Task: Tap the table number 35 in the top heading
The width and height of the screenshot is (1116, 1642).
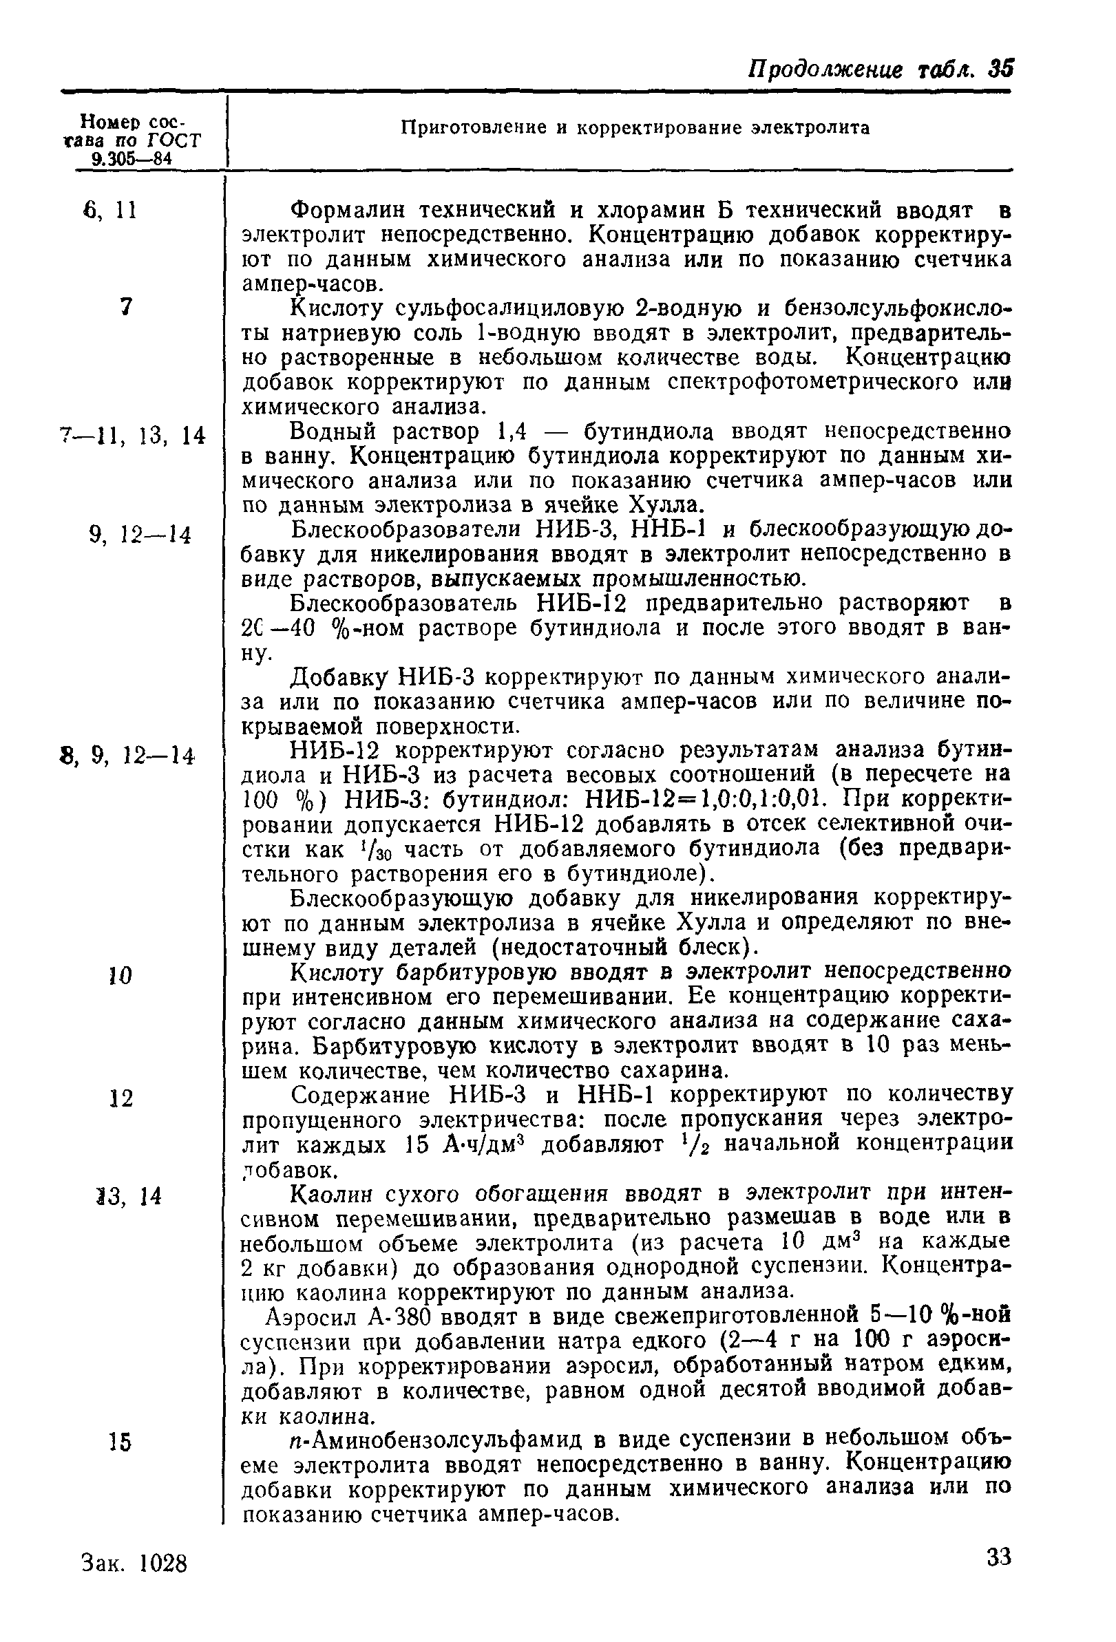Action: [1001, 70]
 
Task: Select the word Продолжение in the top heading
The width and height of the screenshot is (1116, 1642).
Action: [825, 70]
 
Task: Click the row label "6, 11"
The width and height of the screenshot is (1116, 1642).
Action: [109, 211]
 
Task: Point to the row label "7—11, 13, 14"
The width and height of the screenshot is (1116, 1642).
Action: [133, 436]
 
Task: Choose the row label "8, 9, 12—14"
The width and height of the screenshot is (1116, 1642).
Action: [127, 757]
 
